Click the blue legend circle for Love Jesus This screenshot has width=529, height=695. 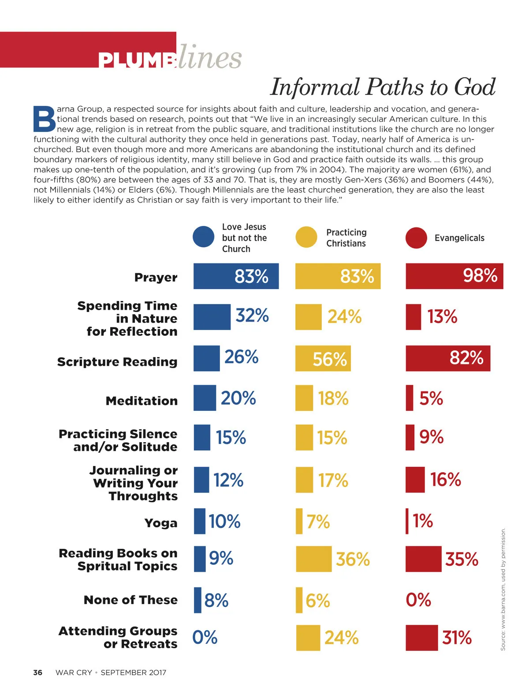pos(203,237)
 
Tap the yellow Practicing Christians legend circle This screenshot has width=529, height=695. pos(306,237)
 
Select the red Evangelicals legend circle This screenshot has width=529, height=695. pos(416,238)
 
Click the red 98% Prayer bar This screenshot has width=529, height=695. pos(454,276)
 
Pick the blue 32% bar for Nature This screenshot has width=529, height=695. pos(212,317)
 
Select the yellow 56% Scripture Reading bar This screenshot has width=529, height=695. pos(323,358)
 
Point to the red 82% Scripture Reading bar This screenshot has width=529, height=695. pos(447,358)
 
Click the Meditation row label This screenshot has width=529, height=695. pos(142,401)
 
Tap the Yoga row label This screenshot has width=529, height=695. pos(161,523)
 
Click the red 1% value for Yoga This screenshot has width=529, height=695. pos(423,521)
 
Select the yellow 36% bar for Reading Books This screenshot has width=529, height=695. pos(313,559)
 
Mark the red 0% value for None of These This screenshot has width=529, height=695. pos(418,600)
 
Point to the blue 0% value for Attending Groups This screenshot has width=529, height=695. pos(205,637)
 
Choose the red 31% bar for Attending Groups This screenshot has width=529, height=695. pos(421,638)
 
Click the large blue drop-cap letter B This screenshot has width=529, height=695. pos(45,119)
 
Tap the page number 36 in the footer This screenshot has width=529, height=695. pos(38,672)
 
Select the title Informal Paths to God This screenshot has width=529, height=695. pos(383,86)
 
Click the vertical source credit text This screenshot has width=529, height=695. pos(503,589)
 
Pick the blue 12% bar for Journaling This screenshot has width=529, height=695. pos(201,480)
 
